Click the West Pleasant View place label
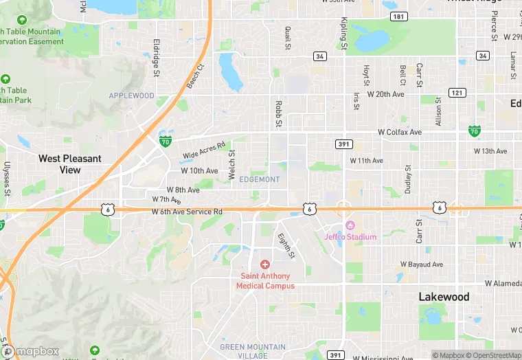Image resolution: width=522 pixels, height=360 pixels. coord(69,164)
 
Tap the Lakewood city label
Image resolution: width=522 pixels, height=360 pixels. coord(444,297)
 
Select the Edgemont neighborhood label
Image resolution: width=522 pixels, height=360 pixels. coord(260,179)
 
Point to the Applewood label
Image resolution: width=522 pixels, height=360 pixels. coord(131,95)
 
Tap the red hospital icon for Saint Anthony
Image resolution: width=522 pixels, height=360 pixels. coord(265,265)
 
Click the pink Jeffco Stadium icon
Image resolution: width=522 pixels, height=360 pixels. coord(350,226)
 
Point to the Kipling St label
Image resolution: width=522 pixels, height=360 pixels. coord(344,32)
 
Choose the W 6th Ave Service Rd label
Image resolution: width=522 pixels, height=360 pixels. coord(188,212)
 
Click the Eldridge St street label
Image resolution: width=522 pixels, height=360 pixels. coord(157,57)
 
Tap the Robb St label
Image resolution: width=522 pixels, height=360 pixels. coord(279,113)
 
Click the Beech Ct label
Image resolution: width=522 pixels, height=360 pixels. coord(196,77)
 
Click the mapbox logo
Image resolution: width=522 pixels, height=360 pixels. coord(31,351)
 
